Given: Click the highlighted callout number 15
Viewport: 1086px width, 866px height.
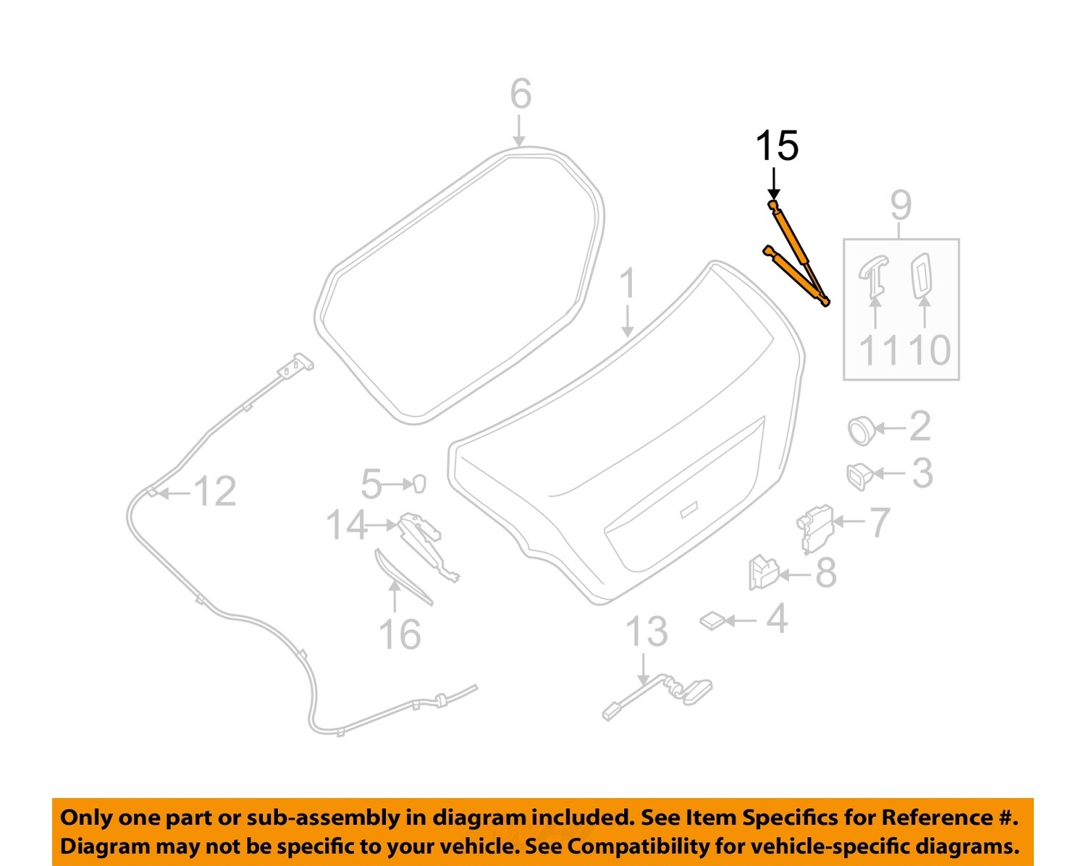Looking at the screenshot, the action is (x=777, y=146).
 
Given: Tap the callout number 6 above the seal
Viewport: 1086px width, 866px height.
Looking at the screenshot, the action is (x=521, y=95).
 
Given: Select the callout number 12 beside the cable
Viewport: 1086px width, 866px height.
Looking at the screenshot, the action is (x=215, y=492).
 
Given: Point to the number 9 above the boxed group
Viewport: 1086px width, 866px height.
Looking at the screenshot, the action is (x=901, y=206).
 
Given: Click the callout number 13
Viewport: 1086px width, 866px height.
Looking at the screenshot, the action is (x=646, y=632).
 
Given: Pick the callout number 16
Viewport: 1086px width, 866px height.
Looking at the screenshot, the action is (x=400, y=635).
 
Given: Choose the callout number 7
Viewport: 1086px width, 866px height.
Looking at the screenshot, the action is (x=878, y=522).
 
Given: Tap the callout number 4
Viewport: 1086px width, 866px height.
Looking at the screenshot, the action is (x=777, y=620).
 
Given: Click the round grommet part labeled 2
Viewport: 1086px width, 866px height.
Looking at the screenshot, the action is (x=860, y=430).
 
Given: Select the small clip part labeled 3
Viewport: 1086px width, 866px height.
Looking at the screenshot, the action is (x=859, y=476).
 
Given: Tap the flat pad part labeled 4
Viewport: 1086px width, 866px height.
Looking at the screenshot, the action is (x=713, y=621).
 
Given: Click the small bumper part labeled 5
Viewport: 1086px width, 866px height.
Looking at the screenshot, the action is (x=418, y=484).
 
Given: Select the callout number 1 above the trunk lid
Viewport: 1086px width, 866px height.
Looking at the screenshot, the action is (x=627, y=284).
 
